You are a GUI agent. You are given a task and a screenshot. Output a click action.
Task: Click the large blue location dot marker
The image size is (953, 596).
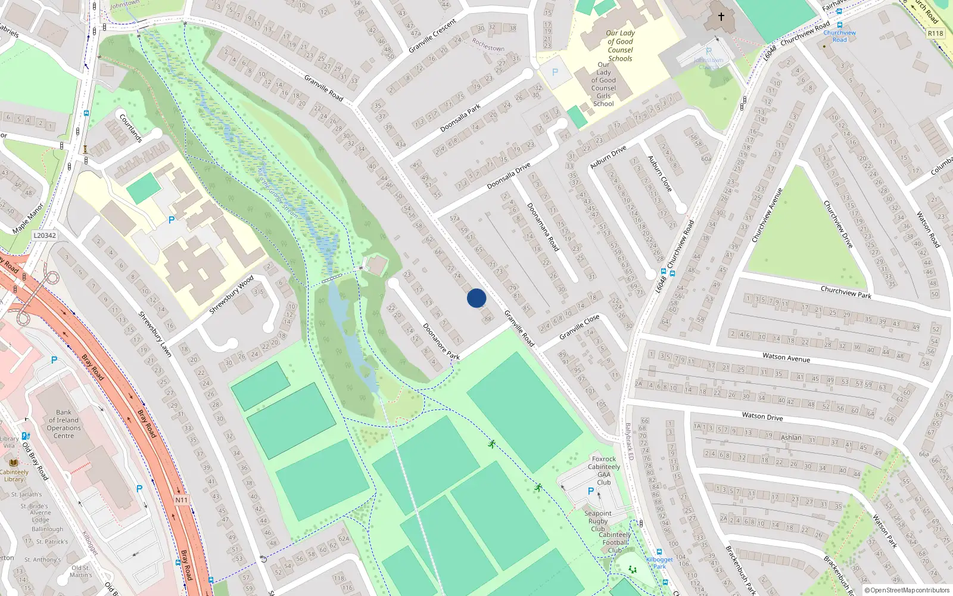[476, 298]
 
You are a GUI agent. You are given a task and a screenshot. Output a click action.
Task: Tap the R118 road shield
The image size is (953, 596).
[935, 33]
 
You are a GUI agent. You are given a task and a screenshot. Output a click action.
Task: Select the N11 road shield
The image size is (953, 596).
[181, 500]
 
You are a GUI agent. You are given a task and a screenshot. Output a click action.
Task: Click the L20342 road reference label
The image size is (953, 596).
[45, 235]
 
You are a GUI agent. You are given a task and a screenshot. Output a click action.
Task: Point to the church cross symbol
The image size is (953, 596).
[721, 17]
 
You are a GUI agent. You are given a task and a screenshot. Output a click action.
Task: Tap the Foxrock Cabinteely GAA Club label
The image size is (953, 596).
[604, 471]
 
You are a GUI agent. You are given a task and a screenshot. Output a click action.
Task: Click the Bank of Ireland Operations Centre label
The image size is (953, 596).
[64, 424]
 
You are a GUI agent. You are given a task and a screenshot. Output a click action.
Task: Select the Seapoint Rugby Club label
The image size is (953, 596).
[598, 521]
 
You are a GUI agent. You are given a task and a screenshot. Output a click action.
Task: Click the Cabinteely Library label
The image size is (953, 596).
[14, 475]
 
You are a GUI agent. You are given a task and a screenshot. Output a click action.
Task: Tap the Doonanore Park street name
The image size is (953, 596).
[441, 341]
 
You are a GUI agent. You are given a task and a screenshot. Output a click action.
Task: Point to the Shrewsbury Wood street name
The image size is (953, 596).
[232, 294]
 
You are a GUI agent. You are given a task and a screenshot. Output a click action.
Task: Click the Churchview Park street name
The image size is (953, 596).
[846, 292]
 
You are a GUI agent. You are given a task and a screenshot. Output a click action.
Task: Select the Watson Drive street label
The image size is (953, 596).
[762, 416]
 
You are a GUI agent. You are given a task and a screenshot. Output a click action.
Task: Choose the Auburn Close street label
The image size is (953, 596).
[660, 173]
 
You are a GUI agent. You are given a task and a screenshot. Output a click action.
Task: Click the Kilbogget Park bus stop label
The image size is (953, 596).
[659, 563]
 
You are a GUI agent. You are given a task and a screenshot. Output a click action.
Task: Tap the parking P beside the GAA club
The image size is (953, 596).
[591, 491]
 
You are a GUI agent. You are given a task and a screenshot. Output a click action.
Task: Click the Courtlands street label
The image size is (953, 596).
[131, 128]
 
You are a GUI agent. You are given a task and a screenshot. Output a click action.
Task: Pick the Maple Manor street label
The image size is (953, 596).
[28, 219]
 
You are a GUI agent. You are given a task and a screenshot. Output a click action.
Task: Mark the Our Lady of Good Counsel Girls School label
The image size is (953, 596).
[603, 84]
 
